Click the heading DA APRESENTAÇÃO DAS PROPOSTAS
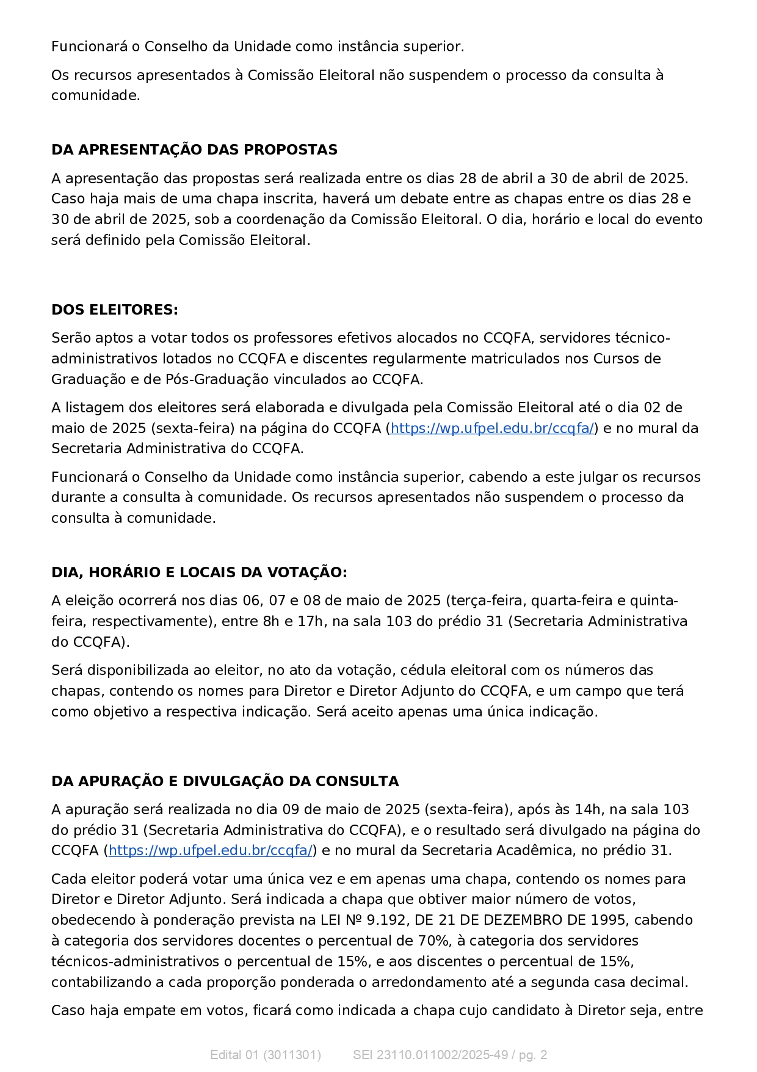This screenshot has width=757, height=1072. point(194,150)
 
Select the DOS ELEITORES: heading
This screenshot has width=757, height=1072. point(115,310)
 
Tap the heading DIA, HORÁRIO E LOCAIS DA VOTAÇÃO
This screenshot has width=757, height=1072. point(199,572)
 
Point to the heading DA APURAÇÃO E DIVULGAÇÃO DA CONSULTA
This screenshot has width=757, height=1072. point(225,781)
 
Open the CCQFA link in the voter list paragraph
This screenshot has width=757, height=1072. point(492,428)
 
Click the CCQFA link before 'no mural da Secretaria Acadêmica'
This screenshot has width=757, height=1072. point(211,850)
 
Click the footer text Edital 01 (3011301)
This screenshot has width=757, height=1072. point(266,1055)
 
